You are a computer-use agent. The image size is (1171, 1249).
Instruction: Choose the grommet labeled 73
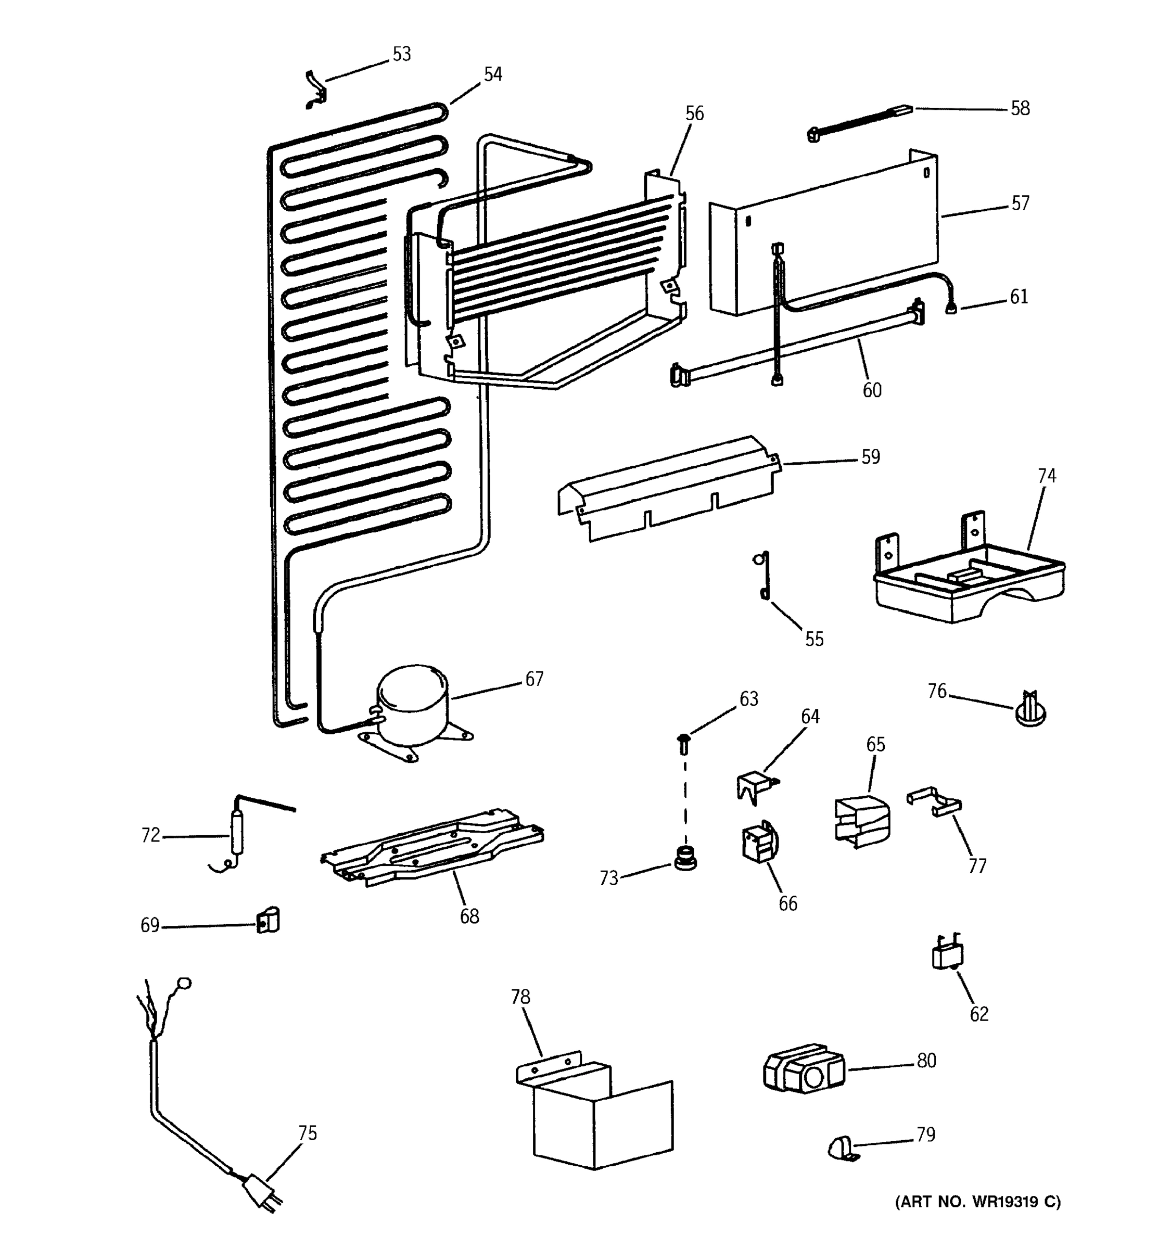click(685, 858)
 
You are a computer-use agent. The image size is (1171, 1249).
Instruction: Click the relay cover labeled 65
click(862, 821)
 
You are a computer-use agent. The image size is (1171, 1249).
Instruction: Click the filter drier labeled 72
click(237, 832)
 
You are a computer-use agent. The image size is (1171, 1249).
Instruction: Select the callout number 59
click(870, 457)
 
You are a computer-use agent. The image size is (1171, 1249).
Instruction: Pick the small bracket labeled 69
click(268, 921)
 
